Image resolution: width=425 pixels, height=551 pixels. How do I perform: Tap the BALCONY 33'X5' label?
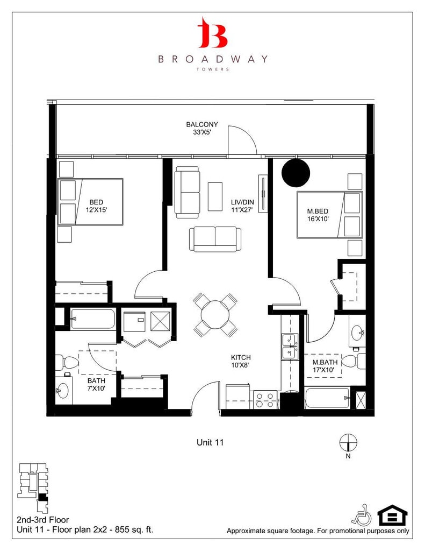coord(202,128)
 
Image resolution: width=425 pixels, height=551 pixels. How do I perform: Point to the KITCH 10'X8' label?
coord(241,361)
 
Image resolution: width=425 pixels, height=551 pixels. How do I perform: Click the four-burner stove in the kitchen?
coord(265,400)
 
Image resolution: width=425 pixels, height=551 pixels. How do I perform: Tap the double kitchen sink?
coord(290,346)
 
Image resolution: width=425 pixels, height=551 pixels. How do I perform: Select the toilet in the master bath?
coord(355,362)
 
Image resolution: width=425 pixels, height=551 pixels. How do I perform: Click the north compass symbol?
coord(348,442)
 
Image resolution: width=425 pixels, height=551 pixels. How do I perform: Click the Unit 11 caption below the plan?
coord(210,442)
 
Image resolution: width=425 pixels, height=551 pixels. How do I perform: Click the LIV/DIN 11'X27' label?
coord(242,204)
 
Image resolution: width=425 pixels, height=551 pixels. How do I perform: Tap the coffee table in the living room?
coord(215,194)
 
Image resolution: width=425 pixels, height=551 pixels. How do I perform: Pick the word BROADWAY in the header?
coord(212,59)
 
